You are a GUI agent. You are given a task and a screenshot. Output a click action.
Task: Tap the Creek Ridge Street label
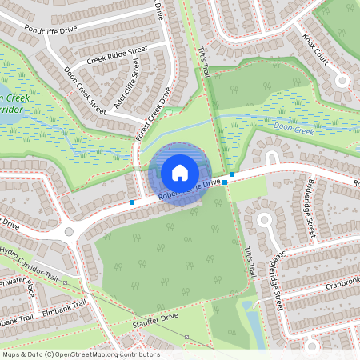coord(118,55)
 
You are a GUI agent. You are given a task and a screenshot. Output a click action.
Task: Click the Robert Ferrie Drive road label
coord(190,190)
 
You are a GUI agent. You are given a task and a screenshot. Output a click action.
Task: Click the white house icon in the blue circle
coord(180,172)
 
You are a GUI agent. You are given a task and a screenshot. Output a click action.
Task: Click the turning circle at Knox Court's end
coord(342,80)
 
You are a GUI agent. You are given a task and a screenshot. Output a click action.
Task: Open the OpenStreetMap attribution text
coord(80,354)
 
